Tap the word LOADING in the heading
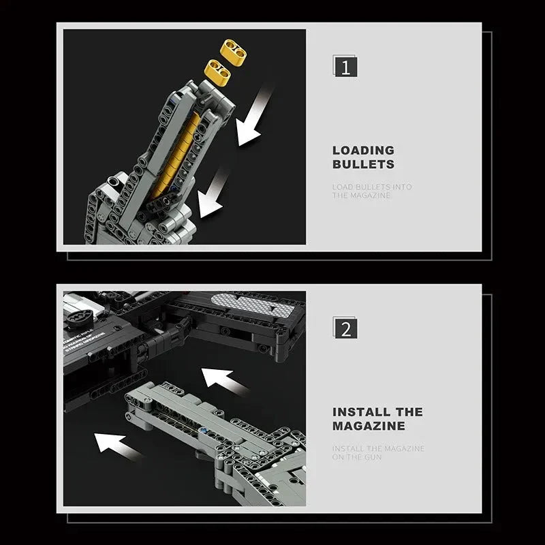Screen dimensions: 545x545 tap(363, 150)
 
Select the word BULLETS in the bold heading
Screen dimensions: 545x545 tap(363, 164)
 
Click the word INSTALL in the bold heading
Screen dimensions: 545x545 tap(361, 411)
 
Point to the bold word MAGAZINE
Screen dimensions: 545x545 tap(369, 426)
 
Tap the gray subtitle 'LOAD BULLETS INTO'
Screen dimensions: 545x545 tap(372, 187)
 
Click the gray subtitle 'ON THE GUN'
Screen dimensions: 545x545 tap(358, 457)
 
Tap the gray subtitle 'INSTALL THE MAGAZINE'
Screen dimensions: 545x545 tap(378, 448)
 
